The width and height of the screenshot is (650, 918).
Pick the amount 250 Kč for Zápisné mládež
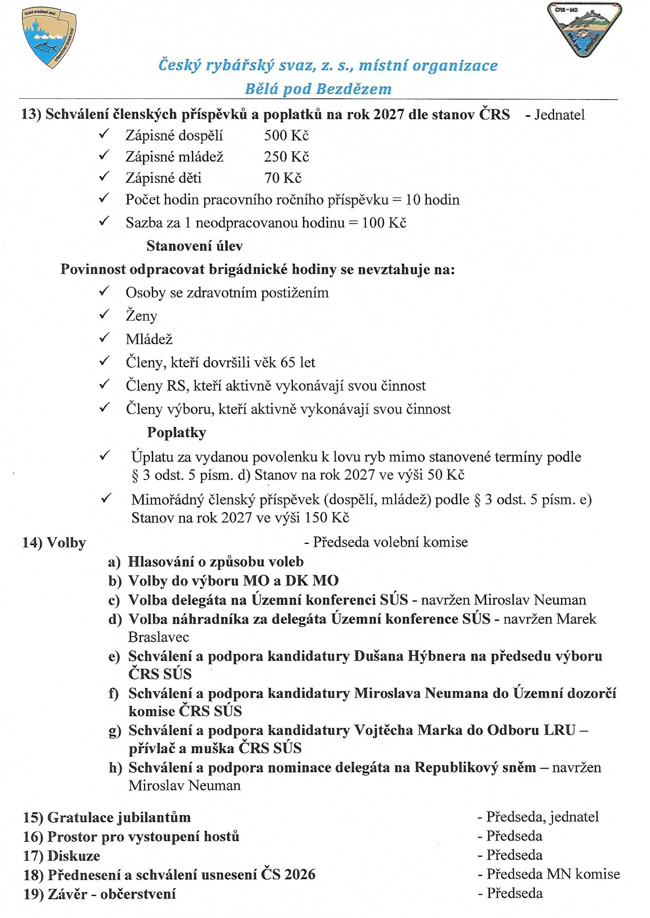(286, 157)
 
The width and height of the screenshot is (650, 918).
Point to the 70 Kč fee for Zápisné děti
(282, 178)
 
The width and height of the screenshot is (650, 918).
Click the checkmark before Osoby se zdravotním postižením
(105, 292)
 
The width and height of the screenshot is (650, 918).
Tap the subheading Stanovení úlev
(195, 246)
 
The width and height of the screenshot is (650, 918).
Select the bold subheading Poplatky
(176, 432)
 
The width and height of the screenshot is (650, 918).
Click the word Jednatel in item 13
(559, 115)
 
